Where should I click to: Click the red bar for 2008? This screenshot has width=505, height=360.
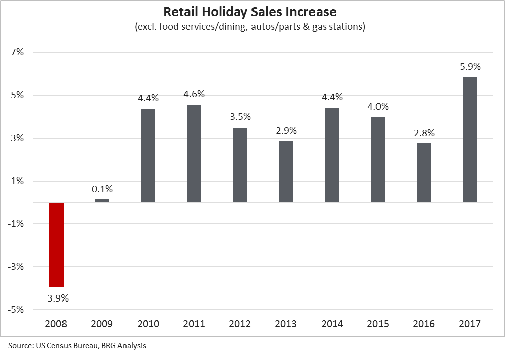point(56,245)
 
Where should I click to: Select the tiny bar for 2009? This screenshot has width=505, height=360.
point(102,201)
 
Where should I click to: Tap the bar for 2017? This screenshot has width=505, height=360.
point(470,139)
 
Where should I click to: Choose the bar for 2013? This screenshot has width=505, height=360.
point(286,171)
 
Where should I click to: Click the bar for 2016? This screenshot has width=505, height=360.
point(424,172)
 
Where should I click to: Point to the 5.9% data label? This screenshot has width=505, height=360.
point(470,66)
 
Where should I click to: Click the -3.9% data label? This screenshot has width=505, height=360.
point(56,298)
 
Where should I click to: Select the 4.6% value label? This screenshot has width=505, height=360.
point(194,94)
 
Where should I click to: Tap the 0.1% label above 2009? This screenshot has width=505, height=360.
point(102,189)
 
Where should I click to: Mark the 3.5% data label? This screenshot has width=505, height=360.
point(240,117)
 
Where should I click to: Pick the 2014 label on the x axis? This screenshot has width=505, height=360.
point(332,324)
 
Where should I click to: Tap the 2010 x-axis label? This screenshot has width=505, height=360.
point(148,324)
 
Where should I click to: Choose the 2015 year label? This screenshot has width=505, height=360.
point(377,324)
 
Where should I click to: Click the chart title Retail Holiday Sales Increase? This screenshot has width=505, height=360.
point(249,11)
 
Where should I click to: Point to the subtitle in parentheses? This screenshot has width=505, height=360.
point(249,27)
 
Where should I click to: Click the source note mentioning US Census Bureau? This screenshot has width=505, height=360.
point(77,346)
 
